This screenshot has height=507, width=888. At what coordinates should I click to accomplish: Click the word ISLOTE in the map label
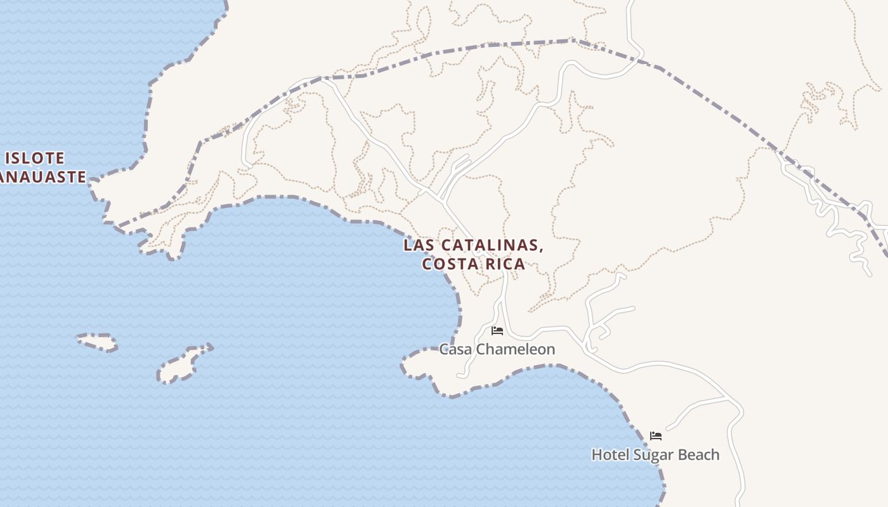coord(36,158)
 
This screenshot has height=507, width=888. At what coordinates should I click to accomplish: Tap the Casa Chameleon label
coord(497,349)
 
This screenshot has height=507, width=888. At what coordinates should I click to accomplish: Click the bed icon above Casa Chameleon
coord(497,331)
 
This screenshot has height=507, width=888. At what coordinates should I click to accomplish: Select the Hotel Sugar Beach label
coord(655,454)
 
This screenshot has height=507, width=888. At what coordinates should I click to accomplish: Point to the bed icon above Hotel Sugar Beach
coord(656,436)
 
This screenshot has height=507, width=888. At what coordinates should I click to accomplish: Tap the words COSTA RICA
coord(474,264)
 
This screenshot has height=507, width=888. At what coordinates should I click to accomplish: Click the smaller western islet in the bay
coord(98,342)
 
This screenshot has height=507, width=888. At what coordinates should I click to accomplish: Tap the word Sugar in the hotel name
coord(657,454)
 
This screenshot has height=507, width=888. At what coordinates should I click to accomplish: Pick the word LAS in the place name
coord(419,245)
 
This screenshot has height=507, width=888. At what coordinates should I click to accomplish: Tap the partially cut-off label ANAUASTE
coord(42,177)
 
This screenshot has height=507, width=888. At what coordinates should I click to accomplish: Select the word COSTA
coord(447,264)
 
